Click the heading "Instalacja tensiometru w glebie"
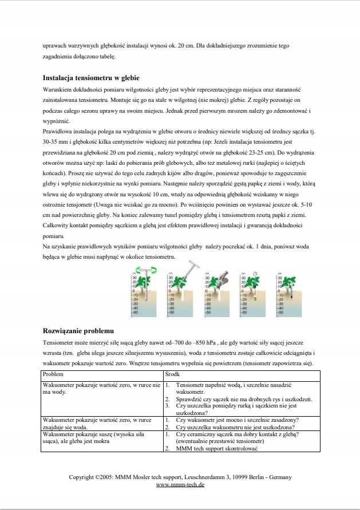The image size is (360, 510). tap(92, 78)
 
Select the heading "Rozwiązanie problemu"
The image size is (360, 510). tap(78, 331)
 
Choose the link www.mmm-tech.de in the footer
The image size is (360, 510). tap(180, 484)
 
